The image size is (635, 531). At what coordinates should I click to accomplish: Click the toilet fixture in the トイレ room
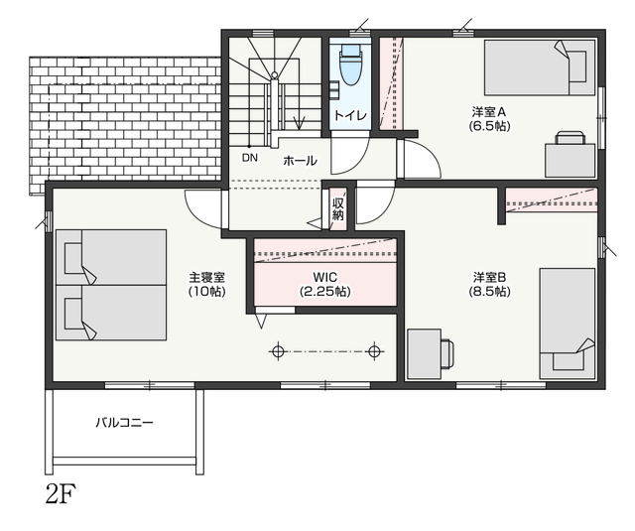pos(350,64)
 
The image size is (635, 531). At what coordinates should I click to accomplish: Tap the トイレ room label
pos(350,115)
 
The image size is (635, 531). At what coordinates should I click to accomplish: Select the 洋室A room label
pos(489,111)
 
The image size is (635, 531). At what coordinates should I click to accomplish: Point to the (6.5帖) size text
pos(489,126)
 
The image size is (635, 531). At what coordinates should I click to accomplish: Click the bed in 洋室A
pos(540,67)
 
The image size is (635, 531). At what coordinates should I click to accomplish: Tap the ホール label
pos(300,161)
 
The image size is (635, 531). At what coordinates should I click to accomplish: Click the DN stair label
pos(250,158)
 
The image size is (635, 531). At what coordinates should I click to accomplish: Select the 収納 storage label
pos(337,208)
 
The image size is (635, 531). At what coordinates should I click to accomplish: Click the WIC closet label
pos(325,278)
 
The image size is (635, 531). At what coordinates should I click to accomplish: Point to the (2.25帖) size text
pos(325,291)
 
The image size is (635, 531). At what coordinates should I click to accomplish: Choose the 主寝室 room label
pos(207,278)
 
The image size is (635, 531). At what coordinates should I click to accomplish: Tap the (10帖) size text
pos(207,291)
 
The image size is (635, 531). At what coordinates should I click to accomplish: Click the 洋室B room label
pos(489,278)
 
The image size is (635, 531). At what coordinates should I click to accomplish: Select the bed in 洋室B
pos(568,324)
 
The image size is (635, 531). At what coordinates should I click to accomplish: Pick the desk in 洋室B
pos(431,354)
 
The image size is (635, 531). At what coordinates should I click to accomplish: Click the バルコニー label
pos(125,423)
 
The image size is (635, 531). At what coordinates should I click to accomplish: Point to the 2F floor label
pos(62,494)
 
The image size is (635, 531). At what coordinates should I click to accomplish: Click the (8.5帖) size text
pos(489,291)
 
